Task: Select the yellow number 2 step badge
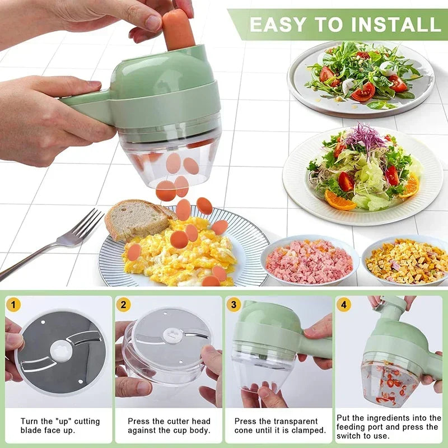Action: [x=124, y=305]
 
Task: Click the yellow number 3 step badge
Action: [x=234, y=305]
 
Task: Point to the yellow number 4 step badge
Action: [x=344, y=305]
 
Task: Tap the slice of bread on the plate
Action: [x=134, y=218]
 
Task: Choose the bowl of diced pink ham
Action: [x=309, y=261]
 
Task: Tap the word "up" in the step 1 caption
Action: [x=63, y=421]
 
